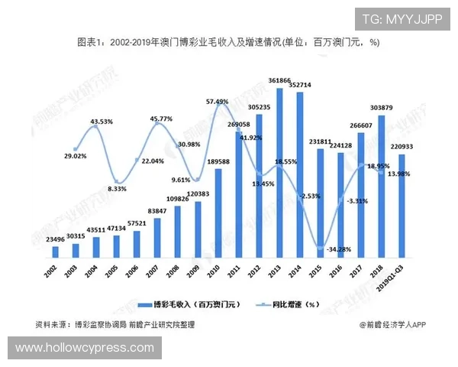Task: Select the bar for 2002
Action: tap(55, 252)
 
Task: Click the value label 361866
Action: tap(279, 80)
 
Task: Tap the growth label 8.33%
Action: tap(117, 188)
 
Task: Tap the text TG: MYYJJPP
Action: tap(402, 19)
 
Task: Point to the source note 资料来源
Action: tap(114, 324)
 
